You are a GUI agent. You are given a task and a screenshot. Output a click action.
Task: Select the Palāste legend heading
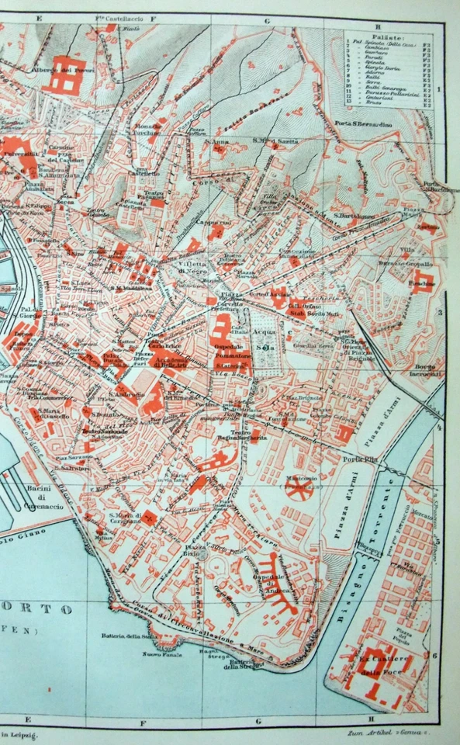point(386,36)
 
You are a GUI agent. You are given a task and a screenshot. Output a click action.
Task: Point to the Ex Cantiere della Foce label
point(377,666)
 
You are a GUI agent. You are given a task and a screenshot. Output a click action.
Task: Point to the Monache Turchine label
point(148,129)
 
